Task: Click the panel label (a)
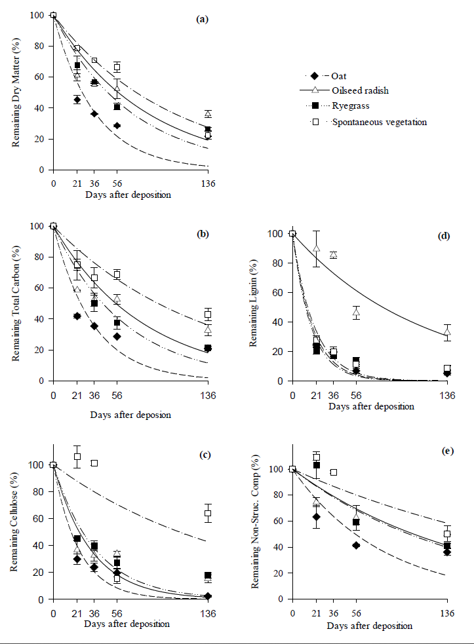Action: (x=202, y=20)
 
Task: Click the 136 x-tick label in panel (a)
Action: (x=208, y=183)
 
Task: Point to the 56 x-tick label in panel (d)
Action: (x=356, y=395)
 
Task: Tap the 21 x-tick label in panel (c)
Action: (x=77, y=613)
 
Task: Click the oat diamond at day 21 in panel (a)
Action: (x=77, y=100)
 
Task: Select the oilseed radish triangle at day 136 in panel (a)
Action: (x=208, y=114)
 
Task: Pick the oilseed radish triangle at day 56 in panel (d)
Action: (x=356, y=313)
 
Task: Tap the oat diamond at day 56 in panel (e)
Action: (x=356, y=545)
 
